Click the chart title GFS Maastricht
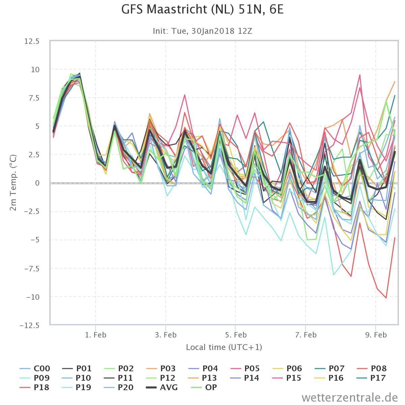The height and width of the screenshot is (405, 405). [202, 9]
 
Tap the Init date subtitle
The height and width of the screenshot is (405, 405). [202, 31]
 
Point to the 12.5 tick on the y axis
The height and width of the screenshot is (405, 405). [32, 41]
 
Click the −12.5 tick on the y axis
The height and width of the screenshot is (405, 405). [30, 325]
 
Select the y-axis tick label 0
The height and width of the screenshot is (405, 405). [37, 183]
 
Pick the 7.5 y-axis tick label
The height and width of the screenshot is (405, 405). [34, 98]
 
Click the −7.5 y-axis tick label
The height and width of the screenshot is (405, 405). [32, 269]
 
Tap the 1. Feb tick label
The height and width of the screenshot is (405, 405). [96, 335]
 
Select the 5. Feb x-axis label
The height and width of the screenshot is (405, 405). [236, 335]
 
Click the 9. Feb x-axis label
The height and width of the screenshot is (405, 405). [376, 335]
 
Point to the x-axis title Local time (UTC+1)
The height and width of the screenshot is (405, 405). [224, 347]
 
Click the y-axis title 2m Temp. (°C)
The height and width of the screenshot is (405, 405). [13, 183]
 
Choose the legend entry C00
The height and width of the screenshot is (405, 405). [35, 369]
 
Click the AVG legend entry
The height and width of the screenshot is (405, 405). [162, 387]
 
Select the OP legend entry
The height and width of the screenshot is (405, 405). [204, 387]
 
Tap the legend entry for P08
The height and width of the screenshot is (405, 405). [372, 369]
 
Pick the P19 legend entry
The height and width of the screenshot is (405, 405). [77, 387]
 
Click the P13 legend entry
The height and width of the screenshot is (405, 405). [203, 378]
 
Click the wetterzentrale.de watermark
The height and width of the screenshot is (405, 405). [350, 398]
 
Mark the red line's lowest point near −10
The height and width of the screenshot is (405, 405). [386, 298]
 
